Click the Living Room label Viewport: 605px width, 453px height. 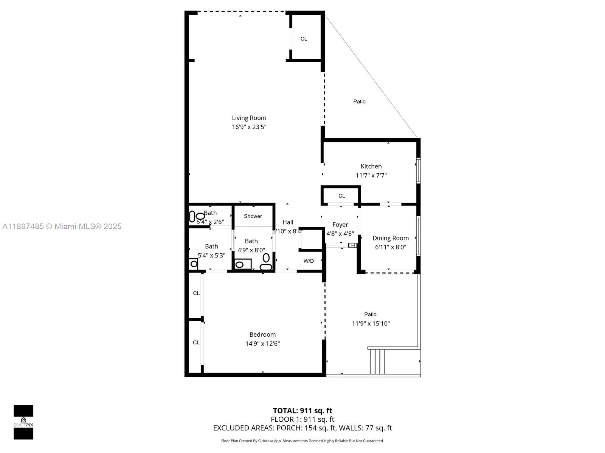[x=249, y=118]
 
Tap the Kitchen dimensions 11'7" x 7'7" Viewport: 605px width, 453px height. [x=371, y=175]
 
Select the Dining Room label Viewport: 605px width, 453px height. [x=390, y=238]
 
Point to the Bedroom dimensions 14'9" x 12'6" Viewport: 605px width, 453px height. [x=262, y=344]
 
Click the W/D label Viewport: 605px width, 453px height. [x=309, y=261]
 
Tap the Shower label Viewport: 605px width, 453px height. [x=253, y=216]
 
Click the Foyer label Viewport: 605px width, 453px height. [x=340, y=225]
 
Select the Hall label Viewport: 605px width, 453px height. [x=287, y=222]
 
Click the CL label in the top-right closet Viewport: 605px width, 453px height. [x=304, y=39]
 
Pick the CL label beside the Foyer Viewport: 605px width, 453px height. [x=341, y=196]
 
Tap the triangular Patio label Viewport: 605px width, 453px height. [x=359, y=102]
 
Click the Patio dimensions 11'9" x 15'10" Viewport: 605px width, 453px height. [x=371, y=324]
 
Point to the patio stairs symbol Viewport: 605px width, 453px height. [x=377, y=361]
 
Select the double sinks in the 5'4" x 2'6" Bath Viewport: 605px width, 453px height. [x=196, y=217]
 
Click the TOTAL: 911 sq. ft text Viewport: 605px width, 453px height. [x=302, y=411]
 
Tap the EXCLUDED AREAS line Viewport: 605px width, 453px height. [x=302, y=428]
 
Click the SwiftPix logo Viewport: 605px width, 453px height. [x=23, y=422]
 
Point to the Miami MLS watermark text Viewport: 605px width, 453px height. [x=62, y=226]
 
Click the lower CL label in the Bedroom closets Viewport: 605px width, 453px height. [x=196, y=343]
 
